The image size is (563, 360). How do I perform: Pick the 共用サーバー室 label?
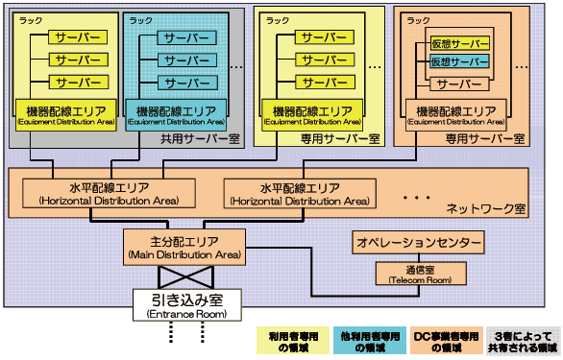point(201,139)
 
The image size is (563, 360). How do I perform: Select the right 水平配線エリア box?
point(299,192)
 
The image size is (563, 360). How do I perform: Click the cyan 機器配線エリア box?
point(175,113)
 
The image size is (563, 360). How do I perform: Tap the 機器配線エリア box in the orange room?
point(455,113)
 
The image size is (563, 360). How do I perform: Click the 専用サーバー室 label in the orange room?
point(485,139)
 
